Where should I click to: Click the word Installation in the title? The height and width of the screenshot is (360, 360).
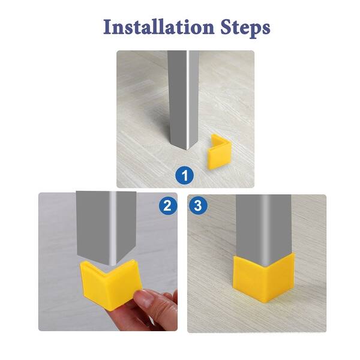coord(159,27)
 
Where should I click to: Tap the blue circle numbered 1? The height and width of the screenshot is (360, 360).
coord(185,175)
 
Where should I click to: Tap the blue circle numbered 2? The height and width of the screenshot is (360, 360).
coord(169,206)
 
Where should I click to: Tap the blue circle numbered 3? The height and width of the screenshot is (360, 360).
coord(199,206)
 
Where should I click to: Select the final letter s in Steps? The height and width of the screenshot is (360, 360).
coord(265,29)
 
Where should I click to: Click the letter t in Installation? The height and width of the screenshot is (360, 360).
coord(134,28)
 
